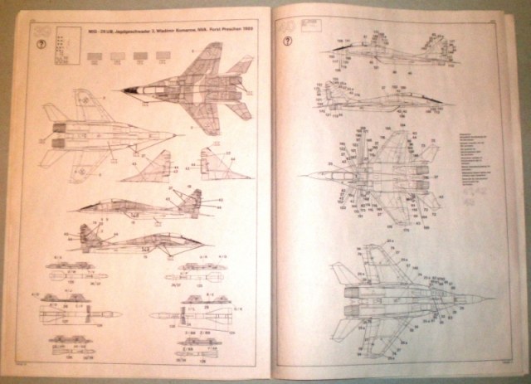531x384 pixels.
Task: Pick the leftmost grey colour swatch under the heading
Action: [95, 56]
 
